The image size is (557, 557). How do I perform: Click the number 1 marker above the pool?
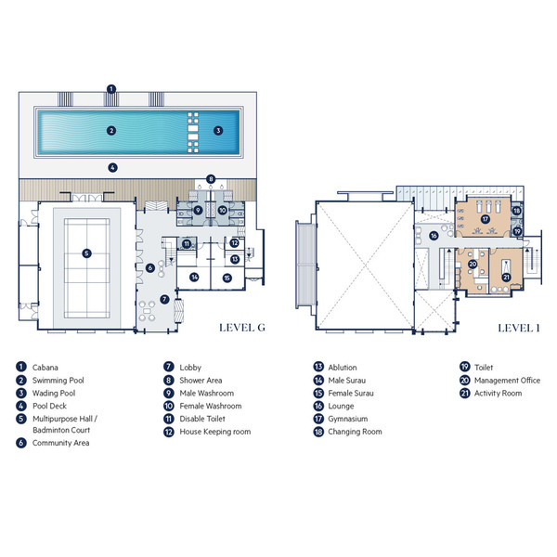[111, 89]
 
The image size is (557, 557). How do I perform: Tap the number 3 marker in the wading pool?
[218, 131]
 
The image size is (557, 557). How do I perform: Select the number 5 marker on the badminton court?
[86, 253]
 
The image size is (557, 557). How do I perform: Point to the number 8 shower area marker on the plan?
[211, 179]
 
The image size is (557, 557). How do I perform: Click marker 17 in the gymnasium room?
[486, 219]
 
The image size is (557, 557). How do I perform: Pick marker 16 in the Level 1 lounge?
[434, 236]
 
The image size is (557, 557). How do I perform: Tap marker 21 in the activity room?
[506, 277]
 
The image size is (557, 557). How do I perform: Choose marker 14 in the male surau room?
[194, 277]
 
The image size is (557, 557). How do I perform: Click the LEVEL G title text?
[242, 328]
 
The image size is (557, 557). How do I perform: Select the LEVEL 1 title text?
[519, 328]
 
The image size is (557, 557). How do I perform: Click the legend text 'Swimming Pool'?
[58, 380]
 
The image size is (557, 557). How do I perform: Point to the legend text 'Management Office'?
[507, 381]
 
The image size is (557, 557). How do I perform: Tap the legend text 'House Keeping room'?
[215, 432]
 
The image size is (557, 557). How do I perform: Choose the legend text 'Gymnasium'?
[348, 420]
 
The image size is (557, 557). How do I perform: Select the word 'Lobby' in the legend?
[190, 368]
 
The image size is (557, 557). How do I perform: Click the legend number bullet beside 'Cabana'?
[21, 367]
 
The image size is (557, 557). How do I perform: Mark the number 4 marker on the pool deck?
[112, 168]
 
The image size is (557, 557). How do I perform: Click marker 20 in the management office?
[473, 265]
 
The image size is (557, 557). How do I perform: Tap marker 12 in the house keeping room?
[234, 243]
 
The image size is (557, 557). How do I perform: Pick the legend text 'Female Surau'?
[351, 394]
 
